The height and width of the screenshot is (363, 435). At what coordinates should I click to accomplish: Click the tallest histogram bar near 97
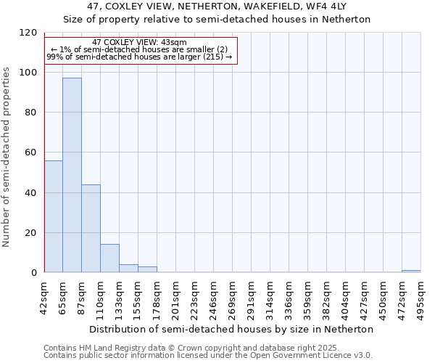(x=72, y=175)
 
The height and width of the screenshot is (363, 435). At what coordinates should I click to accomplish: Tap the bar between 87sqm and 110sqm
(x=91, y=229)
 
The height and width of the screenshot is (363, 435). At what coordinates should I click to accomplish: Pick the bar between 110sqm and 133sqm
(x=109, y=258)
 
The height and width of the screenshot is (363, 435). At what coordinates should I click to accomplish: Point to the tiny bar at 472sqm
(x=411, y=272)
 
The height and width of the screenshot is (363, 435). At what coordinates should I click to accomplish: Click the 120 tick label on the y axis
(x=28, y=33)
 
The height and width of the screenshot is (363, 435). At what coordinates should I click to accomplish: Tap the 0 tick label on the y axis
(x=34, y=273)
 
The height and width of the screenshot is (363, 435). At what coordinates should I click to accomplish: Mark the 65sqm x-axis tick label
(x=63, y=296)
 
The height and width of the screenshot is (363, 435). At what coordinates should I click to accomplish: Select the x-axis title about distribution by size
(x=236, y=329)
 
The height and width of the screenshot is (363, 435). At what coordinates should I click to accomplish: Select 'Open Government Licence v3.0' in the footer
(x=310, y=355)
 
